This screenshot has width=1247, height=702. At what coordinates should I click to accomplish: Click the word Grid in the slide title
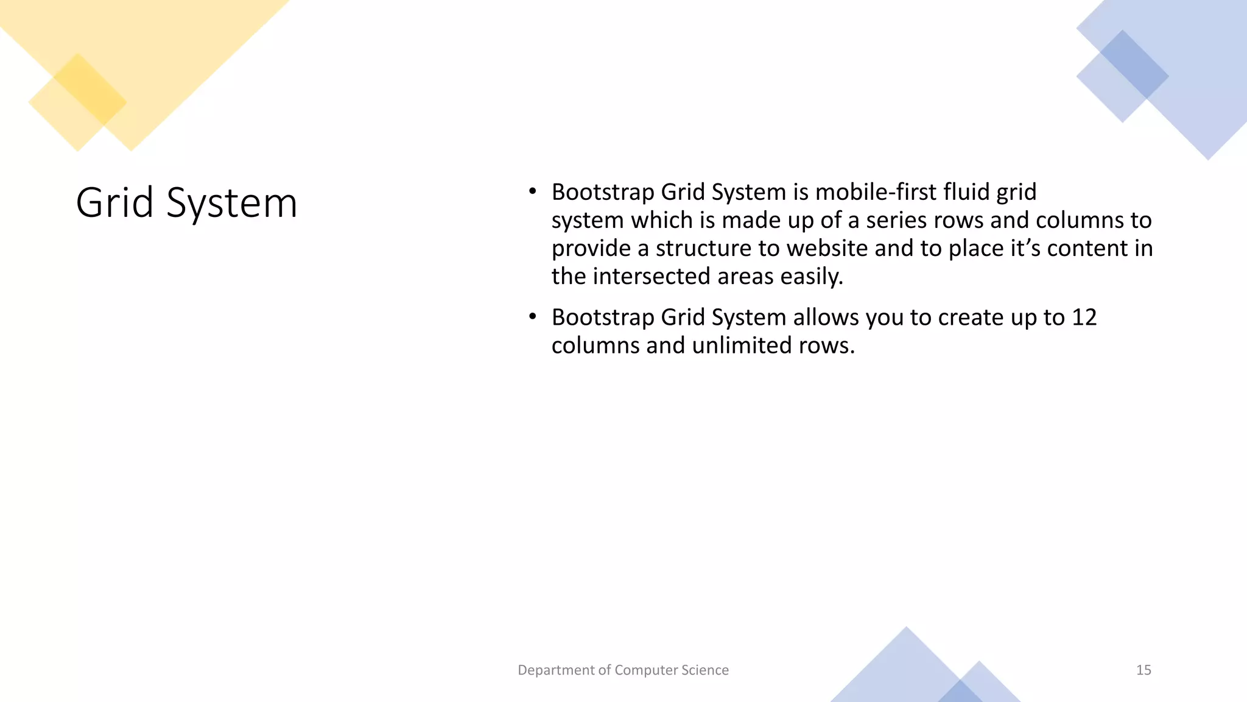[114, 202]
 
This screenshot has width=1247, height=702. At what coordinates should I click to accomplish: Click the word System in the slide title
[231, 204]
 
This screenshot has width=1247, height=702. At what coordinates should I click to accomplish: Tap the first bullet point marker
[532, 192]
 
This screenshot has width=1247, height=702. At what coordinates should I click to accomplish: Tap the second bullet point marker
[532, 317]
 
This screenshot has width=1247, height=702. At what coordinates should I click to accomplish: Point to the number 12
[1084, 317]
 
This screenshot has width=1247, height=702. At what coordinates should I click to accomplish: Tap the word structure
[703, 249]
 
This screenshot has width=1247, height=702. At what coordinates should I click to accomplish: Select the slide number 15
[1143, 670]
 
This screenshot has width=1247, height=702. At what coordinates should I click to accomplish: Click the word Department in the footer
[556, 670]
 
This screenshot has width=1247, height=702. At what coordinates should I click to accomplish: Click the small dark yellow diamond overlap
[90, 90]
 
